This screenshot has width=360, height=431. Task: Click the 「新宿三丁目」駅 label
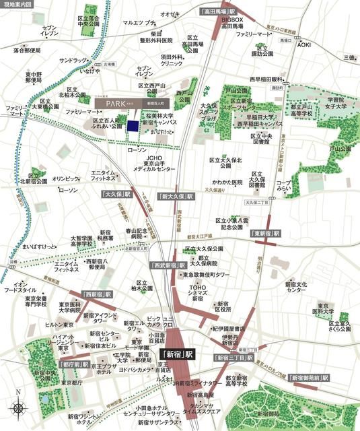[233, 358]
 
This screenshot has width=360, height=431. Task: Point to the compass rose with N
[19, 407]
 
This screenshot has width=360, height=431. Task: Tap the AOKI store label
[304, 44]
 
